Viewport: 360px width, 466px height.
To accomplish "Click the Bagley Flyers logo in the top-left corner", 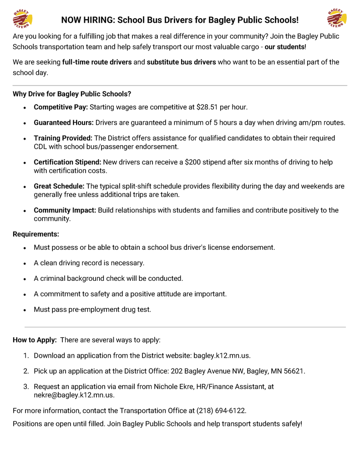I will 22,20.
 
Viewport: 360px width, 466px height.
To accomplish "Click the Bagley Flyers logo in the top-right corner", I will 337,19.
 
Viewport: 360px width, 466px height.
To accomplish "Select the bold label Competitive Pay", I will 61,107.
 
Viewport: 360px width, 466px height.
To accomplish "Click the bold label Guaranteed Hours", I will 64,122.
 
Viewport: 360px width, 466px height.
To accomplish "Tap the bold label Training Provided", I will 63,138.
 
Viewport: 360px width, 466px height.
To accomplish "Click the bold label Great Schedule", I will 59,186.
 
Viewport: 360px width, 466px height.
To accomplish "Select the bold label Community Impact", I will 65,210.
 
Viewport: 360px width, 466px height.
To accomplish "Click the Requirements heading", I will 36,234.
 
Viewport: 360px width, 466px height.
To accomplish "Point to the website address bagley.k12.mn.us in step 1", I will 222,355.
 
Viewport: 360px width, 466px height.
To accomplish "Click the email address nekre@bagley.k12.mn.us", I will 74,395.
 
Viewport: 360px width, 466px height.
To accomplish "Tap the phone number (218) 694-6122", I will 221,410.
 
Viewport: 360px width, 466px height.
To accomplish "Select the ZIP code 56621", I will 294,371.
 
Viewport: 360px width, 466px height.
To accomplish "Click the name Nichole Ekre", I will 173,386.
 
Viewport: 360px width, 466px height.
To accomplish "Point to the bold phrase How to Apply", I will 35,340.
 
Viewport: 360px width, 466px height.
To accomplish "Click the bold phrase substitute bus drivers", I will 181,62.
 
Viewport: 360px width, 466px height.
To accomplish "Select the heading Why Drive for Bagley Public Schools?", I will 72,94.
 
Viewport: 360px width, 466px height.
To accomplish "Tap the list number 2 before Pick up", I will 26,371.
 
